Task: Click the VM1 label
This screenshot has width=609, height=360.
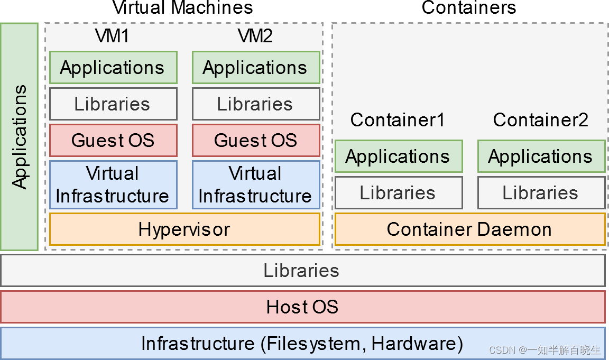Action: tap(112, 36)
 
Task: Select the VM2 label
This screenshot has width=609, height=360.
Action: tap(255, 36)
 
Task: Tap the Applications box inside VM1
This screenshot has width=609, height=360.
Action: tap(113, 67)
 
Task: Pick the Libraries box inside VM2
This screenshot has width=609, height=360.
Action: tap(255, 104)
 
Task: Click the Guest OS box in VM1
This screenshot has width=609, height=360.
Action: tap(113, 140)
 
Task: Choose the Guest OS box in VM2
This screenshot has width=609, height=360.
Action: tap(255, 140)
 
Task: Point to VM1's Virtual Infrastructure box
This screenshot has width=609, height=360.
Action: tap(113, 184)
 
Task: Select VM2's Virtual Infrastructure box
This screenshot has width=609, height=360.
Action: tap(255, 184)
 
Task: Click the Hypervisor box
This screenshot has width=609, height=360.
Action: tap(184, 229)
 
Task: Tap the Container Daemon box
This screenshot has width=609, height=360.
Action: tap(469, 229)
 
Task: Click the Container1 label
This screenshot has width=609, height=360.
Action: tap(398, 120)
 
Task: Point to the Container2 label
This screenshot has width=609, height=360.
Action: tap(540, 120)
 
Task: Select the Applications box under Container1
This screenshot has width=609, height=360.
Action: tap(398, 156)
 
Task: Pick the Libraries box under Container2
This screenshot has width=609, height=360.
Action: tap(541, 192)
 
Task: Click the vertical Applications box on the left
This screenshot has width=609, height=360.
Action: tap(19, 136)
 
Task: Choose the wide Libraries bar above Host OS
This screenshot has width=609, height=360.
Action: tap(302, 271)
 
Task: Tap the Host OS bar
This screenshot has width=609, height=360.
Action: tap(302, 307)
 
